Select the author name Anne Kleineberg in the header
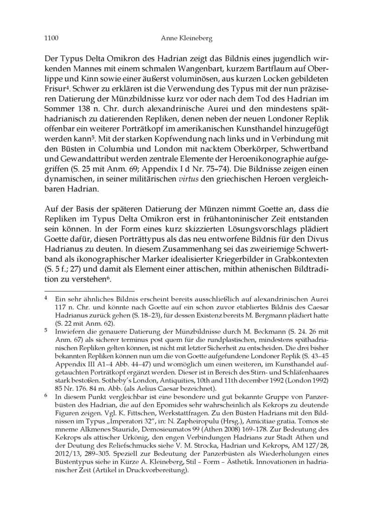(x=186, y=39)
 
